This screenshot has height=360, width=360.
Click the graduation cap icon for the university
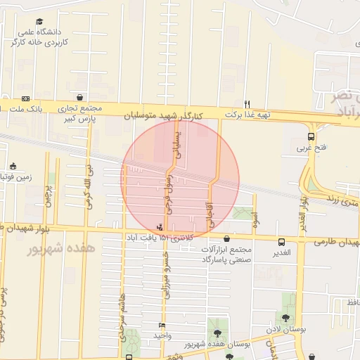click(x=39, y=22)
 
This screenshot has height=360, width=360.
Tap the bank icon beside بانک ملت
click(x=26, y=98)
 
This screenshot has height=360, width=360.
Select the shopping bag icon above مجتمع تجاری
click(x=79, y=98)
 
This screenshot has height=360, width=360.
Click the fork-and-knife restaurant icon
click(x=247, y=103)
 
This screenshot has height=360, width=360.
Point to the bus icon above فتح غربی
click(x=311, y=137)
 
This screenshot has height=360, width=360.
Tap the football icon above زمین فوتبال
click(x=13, y=167)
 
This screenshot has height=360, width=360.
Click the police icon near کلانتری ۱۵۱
click(x=161, y=226)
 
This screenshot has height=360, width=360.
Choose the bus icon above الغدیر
click(x=281, y=241)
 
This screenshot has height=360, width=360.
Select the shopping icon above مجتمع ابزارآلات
click(x=226, y=239)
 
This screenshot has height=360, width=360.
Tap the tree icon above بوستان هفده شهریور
click(x=216, y=333)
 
